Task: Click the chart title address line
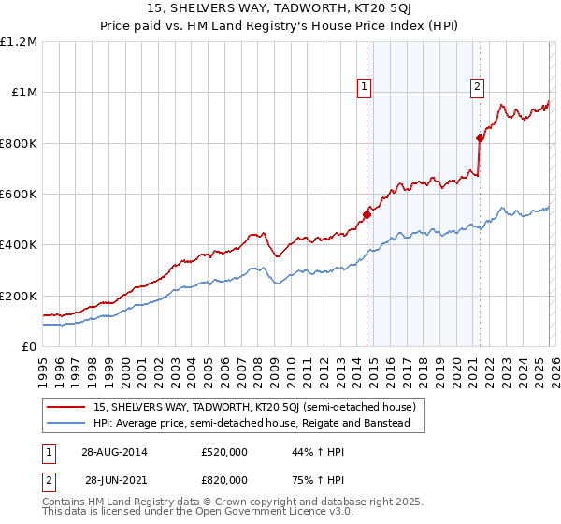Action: [280, 7]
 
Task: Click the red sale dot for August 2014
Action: [367, 214]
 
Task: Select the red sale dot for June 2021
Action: [480, 138]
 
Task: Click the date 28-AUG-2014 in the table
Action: [115, 452]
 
